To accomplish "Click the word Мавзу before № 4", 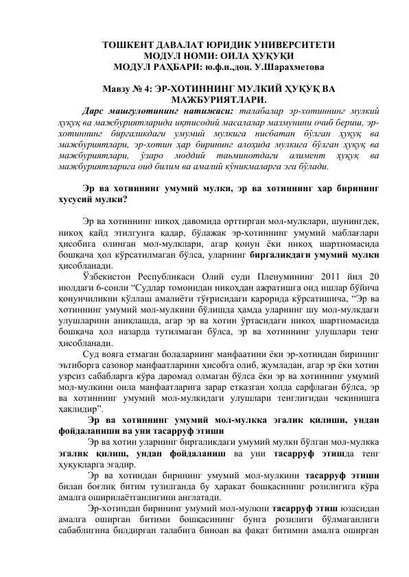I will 117,89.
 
